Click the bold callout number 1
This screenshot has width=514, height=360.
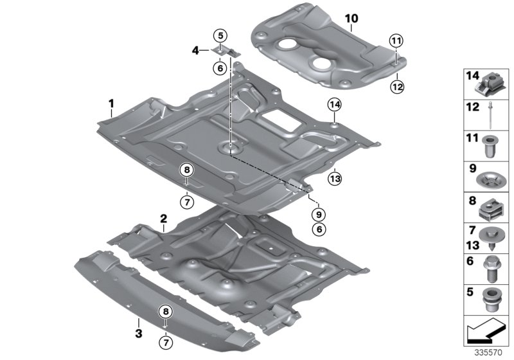111,103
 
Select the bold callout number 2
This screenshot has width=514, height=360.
164,219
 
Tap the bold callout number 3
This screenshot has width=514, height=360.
138,332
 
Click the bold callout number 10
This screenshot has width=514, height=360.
351,19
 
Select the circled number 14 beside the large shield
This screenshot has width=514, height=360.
334,104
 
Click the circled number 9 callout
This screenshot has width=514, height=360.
319,213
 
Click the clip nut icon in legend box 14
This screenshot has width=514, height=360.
490,82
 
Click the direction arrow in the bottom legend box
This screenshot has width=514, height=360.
483,333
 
